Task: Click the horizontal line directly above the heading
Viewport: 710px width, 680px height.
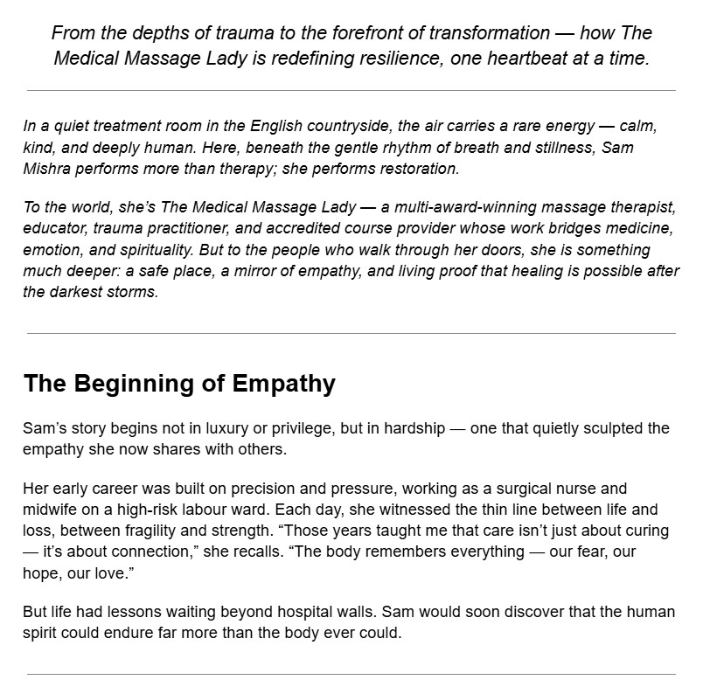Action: tap(351, 333)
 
